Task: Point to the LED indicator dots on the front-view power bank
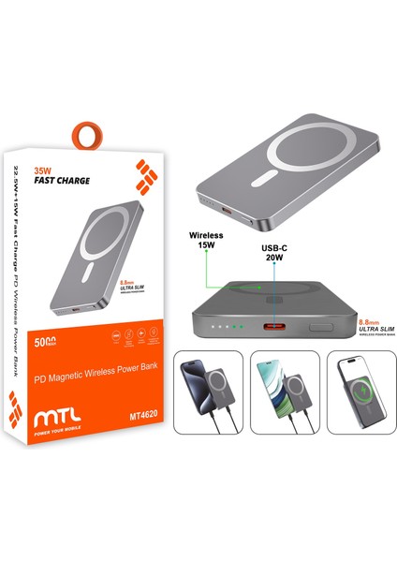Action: [x=225, y=327]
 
